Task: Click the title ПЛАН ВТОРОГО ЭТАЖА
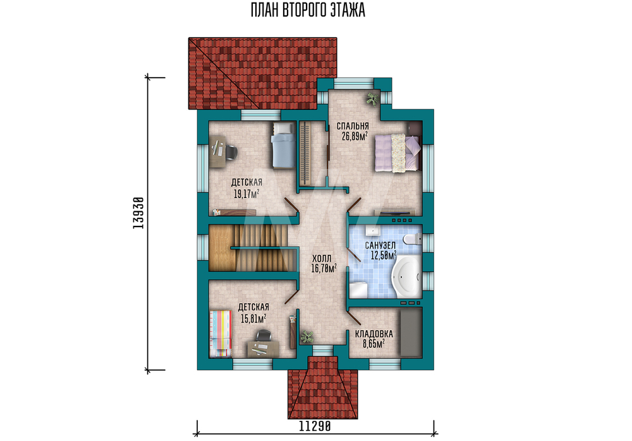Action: point(308,10)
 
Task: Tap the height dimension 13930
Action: point(138,213)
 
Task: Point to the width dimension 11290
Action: point(315,426)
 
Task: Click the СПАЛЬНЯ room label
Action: point(353,127)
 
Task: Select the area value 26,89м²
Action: point(355,136)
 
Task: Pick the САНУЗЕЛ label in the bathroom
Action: point(380,245)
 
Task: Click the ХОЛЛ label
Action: point(322,259)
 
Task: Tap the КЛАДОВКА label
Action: point(374,333)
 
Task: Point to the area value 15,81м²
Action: point(253,319)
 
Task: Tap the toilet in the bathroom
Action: point(412,239)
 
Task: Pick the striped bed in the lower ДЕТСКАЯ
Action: point(221,333)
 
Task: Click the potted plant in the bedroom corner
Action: point(372,99)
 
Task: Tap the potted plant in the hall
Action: point(307,337)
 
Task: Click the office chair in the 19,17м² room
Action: point(230,152)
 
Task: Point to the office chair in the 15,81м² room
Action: point(264,336)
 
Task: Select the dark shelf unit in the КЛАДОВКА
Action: point(411,332)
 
